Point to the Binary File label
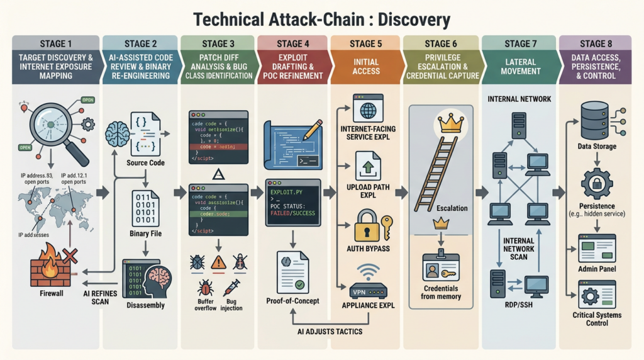(x=146, y=233)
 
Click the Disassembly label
(x=146, y=305)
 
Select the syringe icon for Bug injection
(x=231, y=288)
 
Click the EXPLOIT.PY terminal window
(x=292, y=202)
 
